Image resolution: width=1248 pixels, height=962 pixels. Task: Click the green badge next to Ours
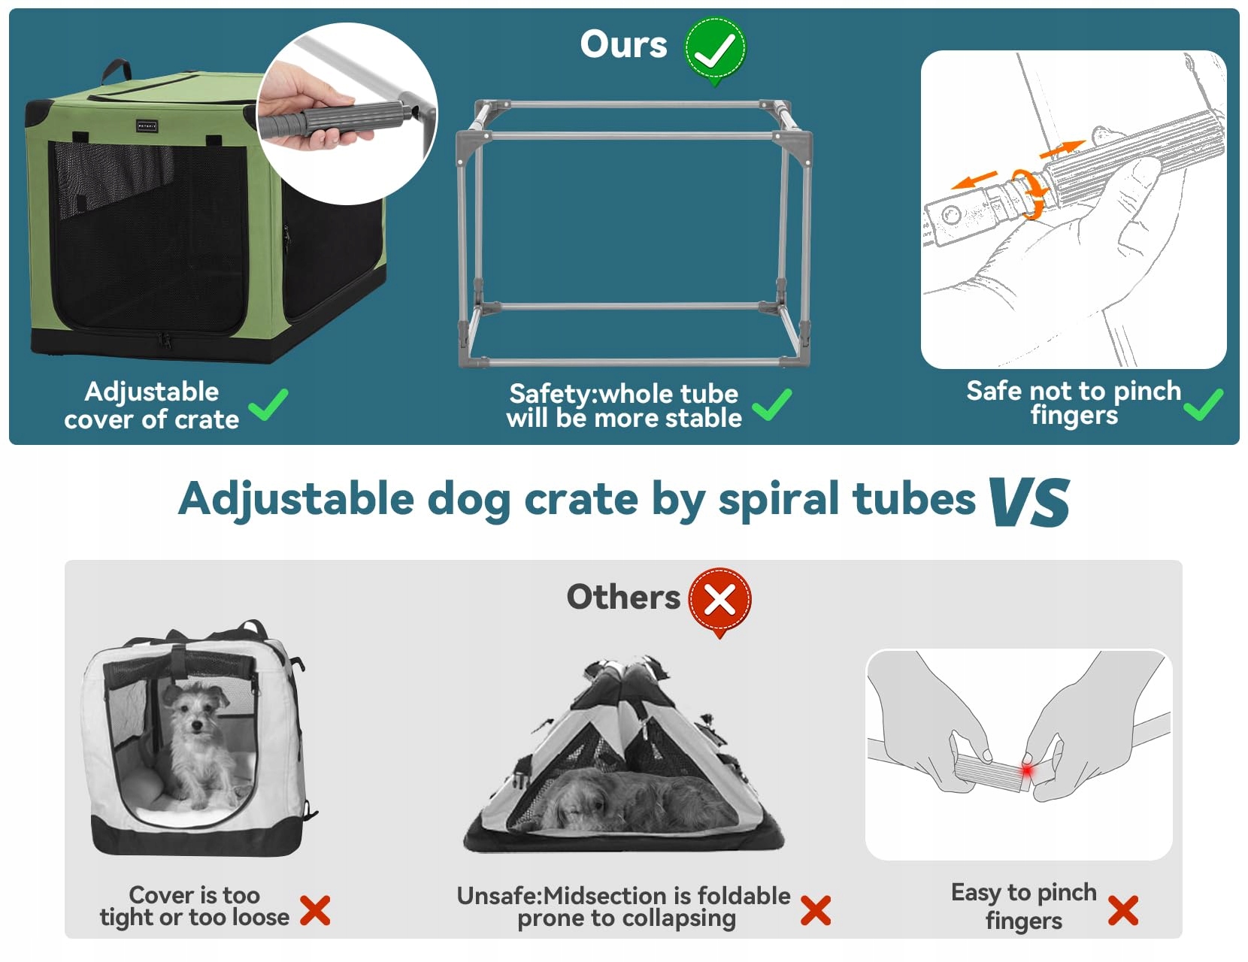click(714, 49)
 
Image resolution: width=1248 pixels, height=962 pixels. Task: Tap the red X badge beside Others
click(719, 600)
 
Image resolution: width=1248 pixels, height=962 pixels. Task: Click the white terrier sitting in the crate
click(195, 744)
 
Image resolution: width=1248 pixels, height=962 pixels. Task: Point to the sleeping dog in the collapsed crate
click(632, 800)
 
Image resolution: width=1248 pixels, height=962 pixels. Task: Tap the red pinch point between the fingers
click(1026, 771)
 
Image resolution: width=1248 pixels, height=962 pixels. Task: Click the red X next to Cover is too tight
click(315, 910)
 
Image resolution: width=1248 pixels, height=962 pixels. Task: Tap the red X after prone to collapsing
click(816, 910)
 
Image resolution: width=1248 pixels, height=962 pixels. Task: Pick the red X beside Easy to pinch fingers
click(1122, 910)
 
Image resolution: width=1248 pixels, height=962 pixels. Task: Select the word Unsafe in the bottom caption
click(498, 896)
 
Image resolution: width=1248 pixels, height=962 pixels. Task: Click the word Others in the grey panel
click(622, 597)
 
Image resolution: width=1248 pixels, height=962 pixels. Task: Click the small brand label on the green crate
click(147, 126)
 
